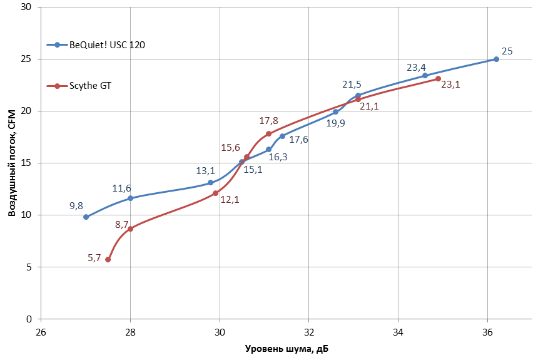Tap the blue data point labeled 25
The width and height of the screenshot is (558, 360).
[496, 59]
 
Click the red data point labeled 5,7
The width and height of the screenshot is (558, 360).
[108, 259]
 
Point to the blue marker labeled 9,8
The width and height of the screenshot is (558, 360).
[86, 217]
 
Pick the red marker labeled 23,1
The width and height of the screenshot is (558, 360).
[438, 78]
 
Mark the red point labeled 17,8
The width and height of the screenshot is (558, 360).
[268, 133]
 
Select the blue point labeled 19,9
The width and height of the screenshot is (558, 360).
[335, 112]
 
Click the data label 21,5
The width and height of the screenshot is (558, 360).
[352, 84]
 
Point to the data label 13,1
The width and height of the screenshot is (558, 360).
[205, 170]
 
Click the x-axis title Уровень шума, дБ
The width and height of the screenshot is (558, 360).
[286, 348]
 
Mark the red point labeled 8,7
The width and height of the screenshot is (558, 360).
[130, 229]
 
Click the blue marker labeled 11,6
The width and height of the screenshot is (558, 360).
[130, 198]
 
